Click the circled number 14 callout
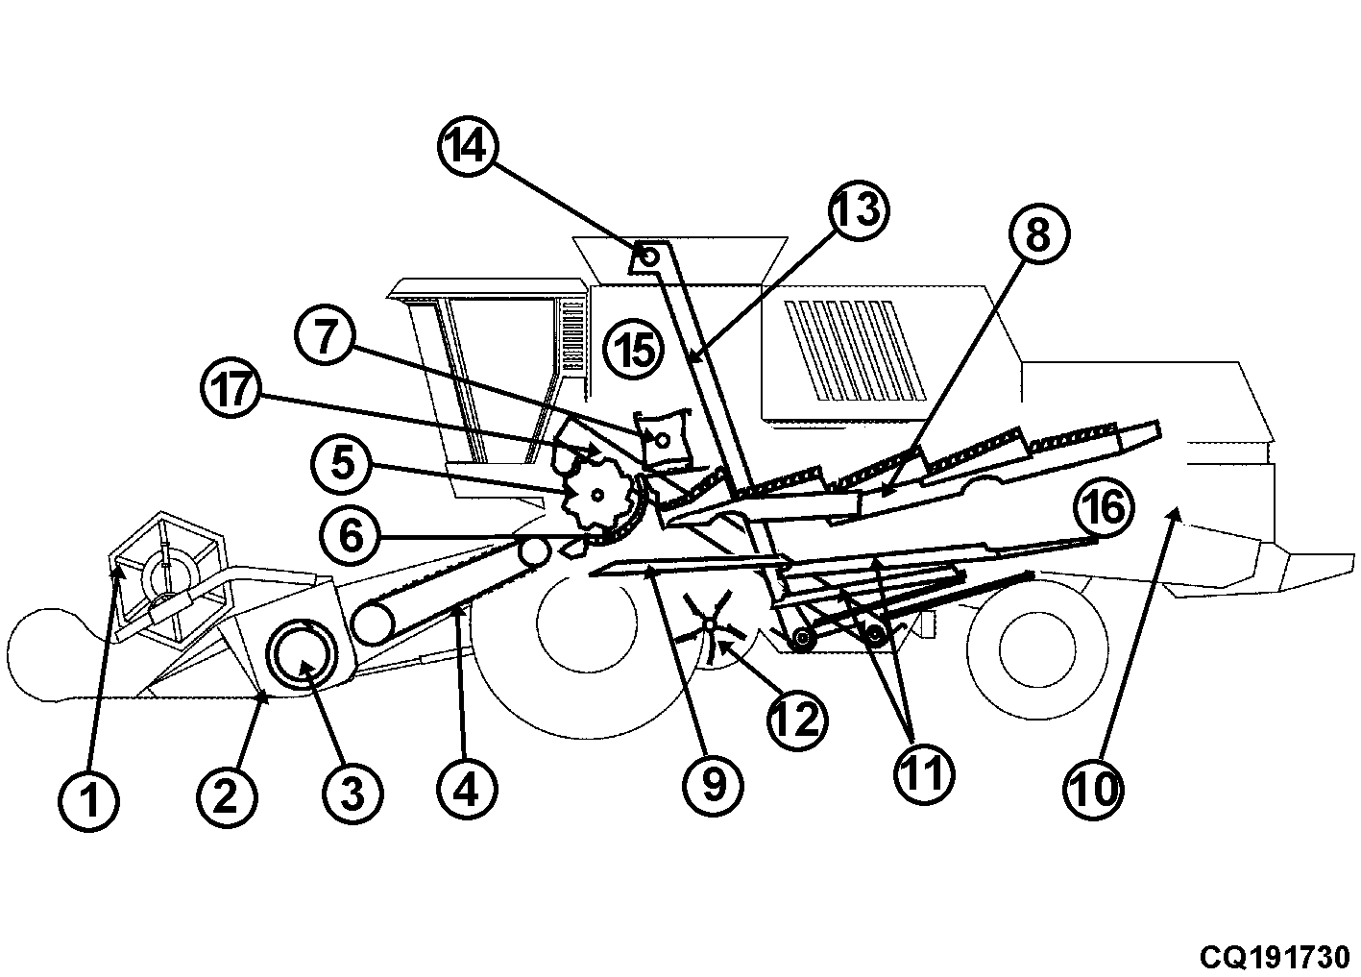coord(468,146)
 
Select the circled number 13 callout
coord(859,210)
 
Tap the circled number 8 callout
coord(1039,233)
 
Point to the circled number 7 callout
coord(325,335)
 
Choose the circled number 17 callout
coord(231,387)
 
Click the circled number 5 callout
coord(342,464)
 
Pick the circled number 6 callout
coord(350,536)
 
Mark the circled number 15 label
coord(634,349)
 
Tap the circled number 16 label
coord(1104,505)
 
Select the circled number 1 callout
coord(89,801)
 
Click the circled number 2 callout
coord(227,795)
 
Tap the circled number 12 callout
coord(797,720)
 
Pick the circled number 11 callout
coord(924,773)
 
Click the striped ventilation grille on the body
coord(855,351)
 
